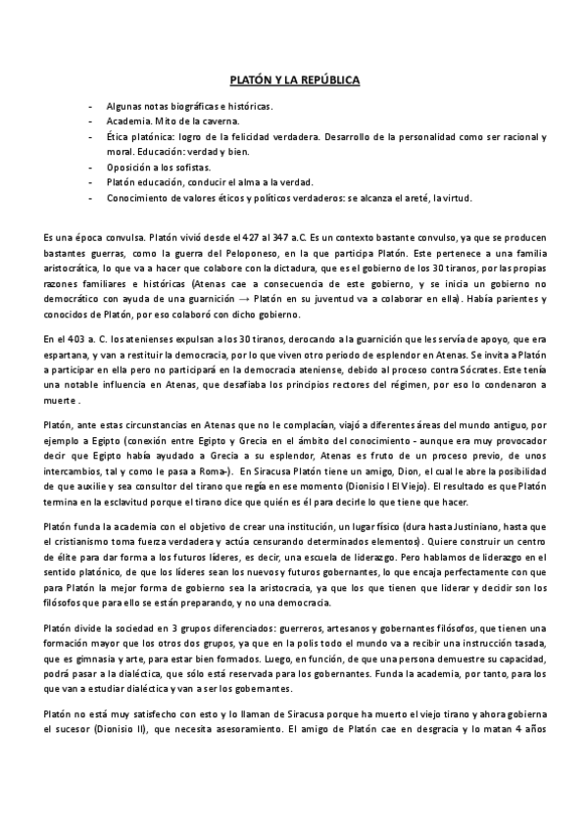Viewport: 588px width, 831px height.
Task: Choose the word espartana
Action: point(70,355)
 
